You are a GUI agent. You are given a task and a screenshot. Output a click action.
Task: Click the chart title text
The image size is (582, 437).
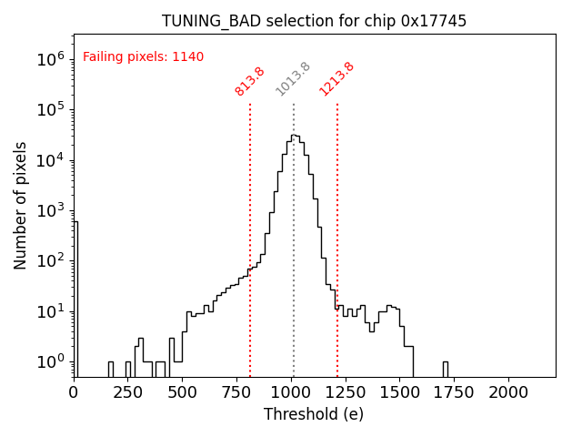315,21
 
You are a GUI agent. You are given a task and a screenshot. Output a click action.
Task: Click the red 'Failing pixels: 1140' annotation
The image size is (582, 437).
143,56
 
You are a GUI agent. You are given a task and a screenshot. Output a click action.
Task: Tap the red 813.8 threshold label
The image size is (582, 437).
249,80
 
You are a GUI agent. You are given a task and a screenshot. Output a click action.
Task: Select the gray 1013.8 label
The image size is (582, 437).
293,78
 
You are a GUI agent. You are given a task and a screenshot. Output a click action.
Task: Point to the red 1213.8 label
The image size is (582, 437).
336,78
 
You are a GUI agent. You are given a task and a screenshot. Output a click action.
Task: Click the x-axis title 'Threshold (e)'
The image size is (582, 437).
314,414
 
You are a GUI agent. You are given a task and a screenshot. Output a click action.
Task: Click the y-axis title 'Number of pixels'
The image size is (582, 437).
21,205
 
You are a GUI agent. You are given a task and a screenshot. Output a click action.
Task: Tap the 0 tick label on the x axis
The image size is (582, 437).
74,391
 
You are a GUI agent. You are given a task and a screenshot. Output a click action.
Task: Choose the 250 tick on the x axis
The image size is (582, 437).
128,391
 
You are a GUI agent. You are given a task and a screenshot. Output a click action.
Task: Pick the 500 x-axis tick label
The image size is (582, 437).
183,391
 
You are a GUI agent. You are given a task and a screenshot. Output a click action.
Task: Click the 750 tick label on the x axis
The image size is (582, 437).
236,391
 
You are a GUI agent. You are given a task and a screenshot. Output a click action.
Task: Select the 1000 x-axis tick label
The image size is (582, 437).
291,391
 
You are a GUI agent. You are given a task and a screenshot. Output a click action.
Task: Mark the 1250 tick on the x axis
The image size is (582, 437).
346,391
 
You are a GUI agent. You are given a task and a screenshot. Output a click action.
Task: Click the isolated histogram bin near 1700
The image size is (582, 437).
446,369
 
